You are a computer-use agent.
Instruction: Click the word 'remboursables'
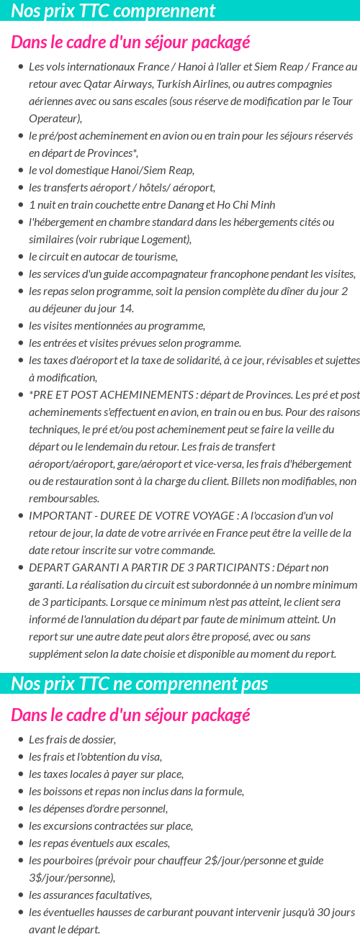pyautogui.click(x=63, y=498)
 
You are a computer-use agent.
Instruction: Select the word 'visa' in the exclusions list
pyautogui.click(x=150, y=756)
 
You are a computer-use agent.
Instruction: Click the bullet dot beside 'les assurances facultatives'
pyautogui.click(x=22, y=895)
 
